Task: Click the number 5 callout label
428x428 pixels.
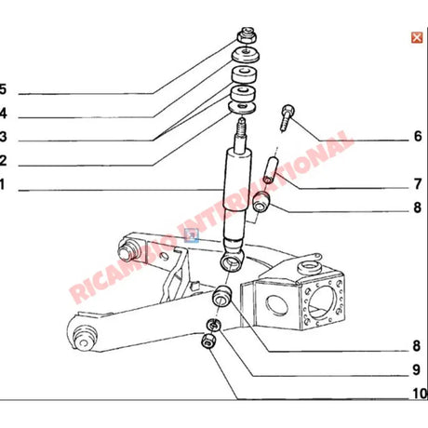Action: [x=3, y=90]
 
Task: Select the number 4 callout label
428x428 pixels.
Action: [x=3, y=114]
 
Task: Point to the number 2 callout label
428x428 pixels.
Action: [x=3, y=161]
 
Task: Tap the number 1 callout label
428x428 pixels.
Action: [x=2, y=185]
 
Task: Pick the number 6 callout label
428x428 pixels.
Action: [x=418, y=137]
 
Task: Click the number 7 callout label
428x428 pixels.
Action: [x=418, y=183]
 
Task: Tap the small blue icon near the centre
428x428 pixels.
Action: [x=193, y=235]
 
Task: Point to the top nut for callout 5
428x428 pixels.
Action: [x=248, y=36]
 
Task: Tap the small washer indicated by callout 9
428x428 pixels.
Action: [x=212, y=325]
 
